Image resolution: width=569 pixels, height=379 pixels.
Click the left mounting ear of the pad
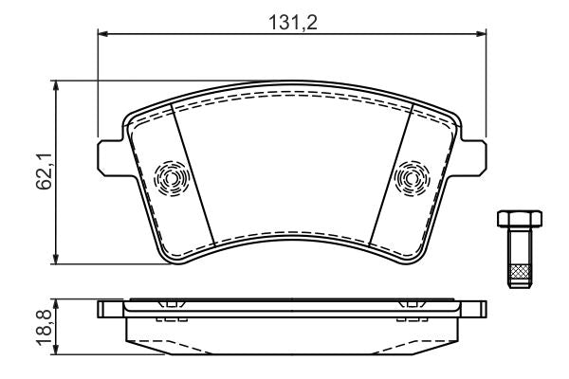(x=107, y=156)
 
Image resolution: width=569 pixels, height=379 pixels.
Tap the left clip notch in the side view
(x=171, y=305)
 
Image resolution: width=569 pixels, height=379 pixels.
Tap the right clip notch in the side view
(x=413, y=305)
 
